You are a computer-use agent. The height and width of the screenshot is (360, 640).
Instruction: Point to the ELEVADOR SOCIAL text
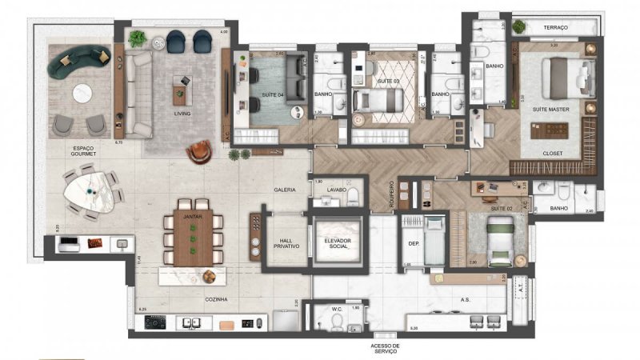tap(338, 244)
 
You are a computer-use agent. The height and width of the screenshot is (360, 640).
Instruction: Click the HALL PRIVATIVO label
tap(286, 244)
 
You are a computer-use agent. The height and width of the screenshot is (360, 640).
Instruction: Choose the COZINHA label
tap(216, 299)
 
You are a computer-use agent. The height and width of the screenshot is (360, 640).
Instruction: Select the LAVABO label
tap(336, 190)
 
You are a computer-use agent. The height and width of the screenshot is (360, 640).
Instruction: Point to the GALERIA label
tap(285, 190)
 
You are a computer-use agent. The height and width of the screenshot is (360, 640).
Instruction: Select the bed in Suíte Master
tap(565, 78)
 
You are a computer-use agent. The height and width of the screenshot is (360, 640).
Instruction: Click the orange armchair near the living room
tap(200, 149)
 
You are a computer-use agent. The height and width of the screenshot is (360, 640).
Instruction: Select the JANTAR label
tap(191, 216)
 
